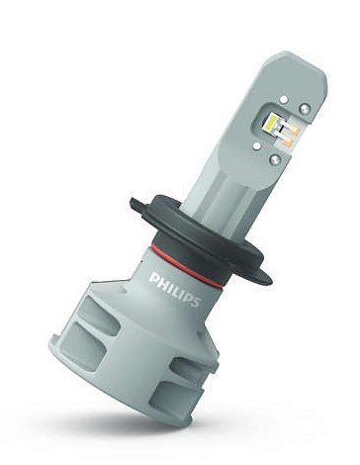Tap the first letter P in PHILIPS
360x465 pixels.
tap(154, 279)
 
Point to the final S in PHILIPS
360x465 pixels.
tap(195, 302)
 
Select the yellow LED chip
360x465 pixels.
tap(274, 122)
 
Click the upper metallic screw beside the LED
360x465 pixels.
tap(304, 108)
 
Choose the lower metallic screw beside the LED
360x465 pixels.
tap(275, 159)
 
